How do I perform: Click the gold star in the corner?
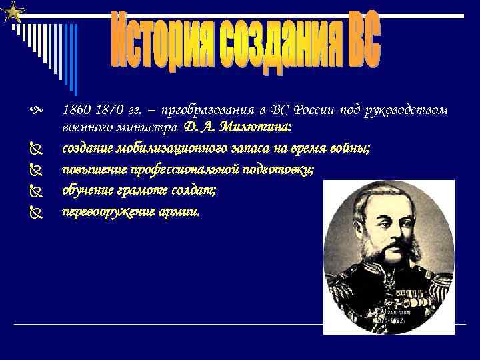[x=13, y=11]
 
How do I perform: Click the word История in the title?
[x=153, y=41]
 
